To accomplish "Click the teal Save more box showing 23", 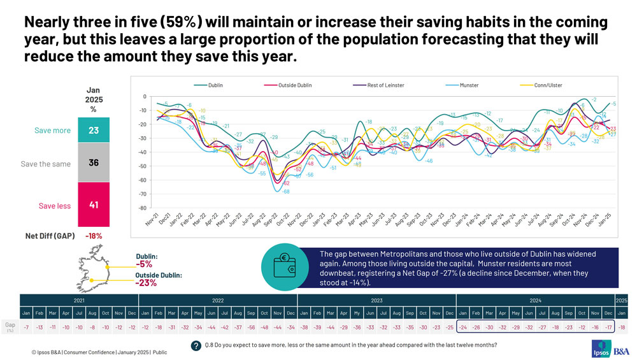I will [x=94, y=131].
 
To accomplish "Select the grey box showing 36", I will [x=94, y=162].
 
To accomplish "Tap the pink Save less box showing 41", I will [x=94, y=205].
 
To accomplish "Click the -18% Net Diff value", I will [x=94, y=236].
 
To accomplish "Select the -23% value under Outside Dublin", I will [x=146, y=283].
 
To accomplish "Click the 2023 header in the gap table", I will [x=376, y=299].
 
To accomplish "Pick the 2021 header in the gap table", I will [x=79, y=299].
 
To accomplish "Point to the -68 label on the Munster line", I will [x=286, y=192].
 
